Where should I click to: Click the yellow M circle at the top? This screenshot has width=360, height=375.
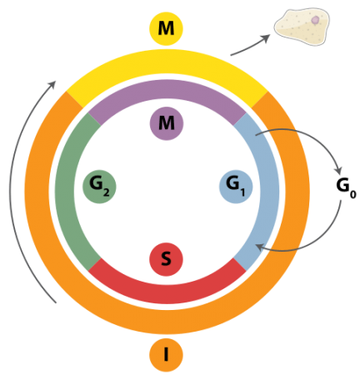(x=166, y=29)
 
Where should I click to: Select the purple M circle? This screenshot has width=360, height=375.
(x=166, y=123)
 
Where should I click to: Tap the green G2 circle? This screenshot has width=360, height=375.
(x=99, y=186)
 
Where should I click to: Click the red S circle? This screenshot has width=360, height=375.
(x=166, y=259)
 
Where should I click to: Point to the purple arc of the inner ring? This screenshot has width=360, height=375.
(x=166, y=92)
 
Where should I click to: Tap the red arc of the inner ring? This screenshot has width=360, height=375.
(x=166, y=291)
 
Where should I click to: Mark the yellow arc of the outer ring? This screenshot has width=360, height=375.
(x=166, y=65)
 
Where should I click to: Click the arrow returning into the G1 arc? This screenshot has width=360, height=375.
(x=300, y=243)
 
